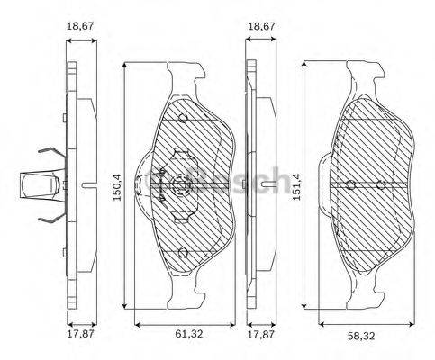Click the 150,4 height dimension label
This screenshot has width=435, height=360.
point(116,186)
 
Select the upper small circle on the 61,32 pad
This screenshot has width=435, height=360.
point(183,120)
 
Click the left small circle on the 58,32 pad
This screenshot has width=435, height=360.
point(350,185)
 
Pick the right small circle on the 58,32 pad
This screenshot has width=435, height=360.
point(381,185)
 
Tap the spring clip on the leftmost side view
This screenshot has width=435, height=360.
point(41,184)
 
